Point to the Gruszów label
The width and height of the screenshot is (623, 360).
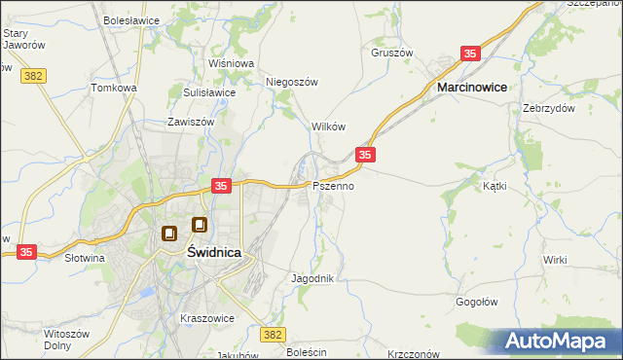(392, 53)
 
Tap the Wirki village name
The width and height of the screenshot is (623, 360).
(555, 260)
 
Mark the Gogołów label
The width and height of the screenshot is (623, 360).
(477, 302)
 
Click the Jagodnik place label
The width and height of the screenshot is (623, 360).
(312, 278)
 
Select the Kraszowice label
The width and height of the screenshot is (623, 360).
(203, 318)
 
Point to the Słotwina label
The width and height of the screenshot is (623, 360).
(84, 259)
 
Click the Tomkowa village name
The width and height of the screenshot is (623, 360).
(114, 88)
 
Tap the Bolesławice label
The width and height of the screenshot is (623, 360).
(132, 19)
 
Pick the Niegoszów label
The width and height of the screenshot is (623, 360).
(292, 82)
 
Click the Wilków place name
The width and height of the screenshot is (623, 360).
(328, 127)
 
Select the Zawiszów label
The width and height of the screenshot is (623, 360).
(189, 124)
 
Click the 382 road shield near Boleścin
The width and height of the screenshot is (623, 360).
(274, 334)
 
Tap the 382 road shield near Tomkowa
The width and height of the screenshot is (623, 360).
(34, 74)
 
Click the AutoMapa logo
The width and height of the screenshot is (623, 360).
(558, 342)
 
